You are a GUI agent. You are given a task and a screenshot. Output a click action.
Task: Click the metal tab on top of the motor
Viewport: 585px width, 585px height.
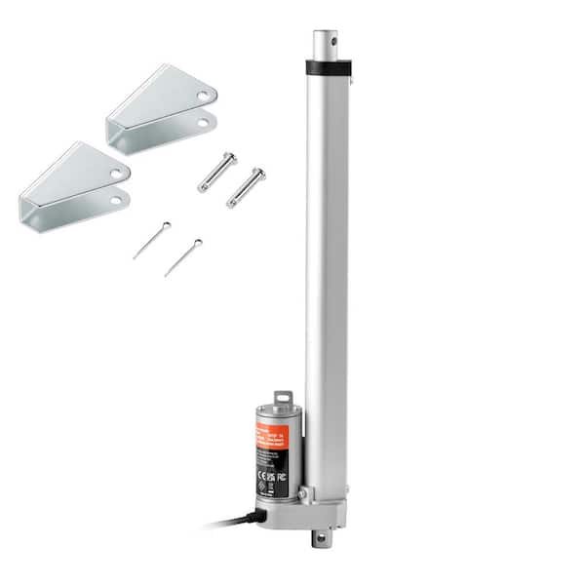point(283,400)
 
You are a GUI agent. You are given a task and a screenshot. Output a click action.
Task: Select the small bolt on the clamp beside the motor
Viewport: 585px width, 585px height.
point(303,495)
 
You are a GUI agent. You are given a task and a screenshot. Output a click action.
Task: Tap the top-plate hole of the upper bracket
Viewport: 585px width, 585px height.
point(202,97)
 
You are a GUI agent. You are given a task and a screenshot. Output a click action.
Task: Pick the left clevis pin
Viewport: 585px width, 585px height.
point(216,173)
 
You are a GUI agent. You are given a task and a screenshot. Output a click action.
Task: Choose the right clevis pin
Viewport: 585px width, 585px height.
point(245,188)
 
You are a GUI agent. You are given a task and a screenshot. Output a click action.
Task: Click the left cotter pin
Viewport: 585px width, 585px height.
point(151,241)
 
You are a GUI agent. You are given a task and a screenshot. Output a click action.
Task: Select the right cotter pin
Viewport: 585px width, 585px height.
point(182,257)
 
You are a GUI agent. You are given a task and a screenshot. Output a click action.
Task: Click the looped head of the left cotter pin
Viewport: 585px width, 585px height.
point(166,226)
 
